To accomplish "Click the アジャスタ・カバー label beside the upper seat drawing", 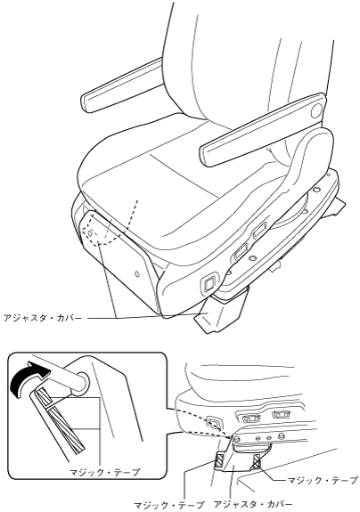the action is [x=43, y=317].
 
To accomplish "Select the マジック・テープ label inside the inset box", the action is [x=105, y=472].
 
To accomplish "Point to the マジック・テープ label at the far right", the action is [x=322, y=480].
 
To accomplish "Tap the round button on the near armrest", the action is [x=316, y=111].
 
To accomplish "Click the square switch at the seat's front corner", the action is [x=209, y=280].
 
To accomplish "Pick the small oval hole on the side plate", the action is [x=137, y=272].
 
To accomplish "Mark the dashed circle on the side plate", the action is [x=88, y=232].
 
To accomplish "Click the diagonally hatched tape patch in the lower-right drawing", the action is [x=219, y=460].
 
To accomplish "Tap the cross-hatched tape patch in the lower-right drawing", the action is [x=256, y=460].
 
